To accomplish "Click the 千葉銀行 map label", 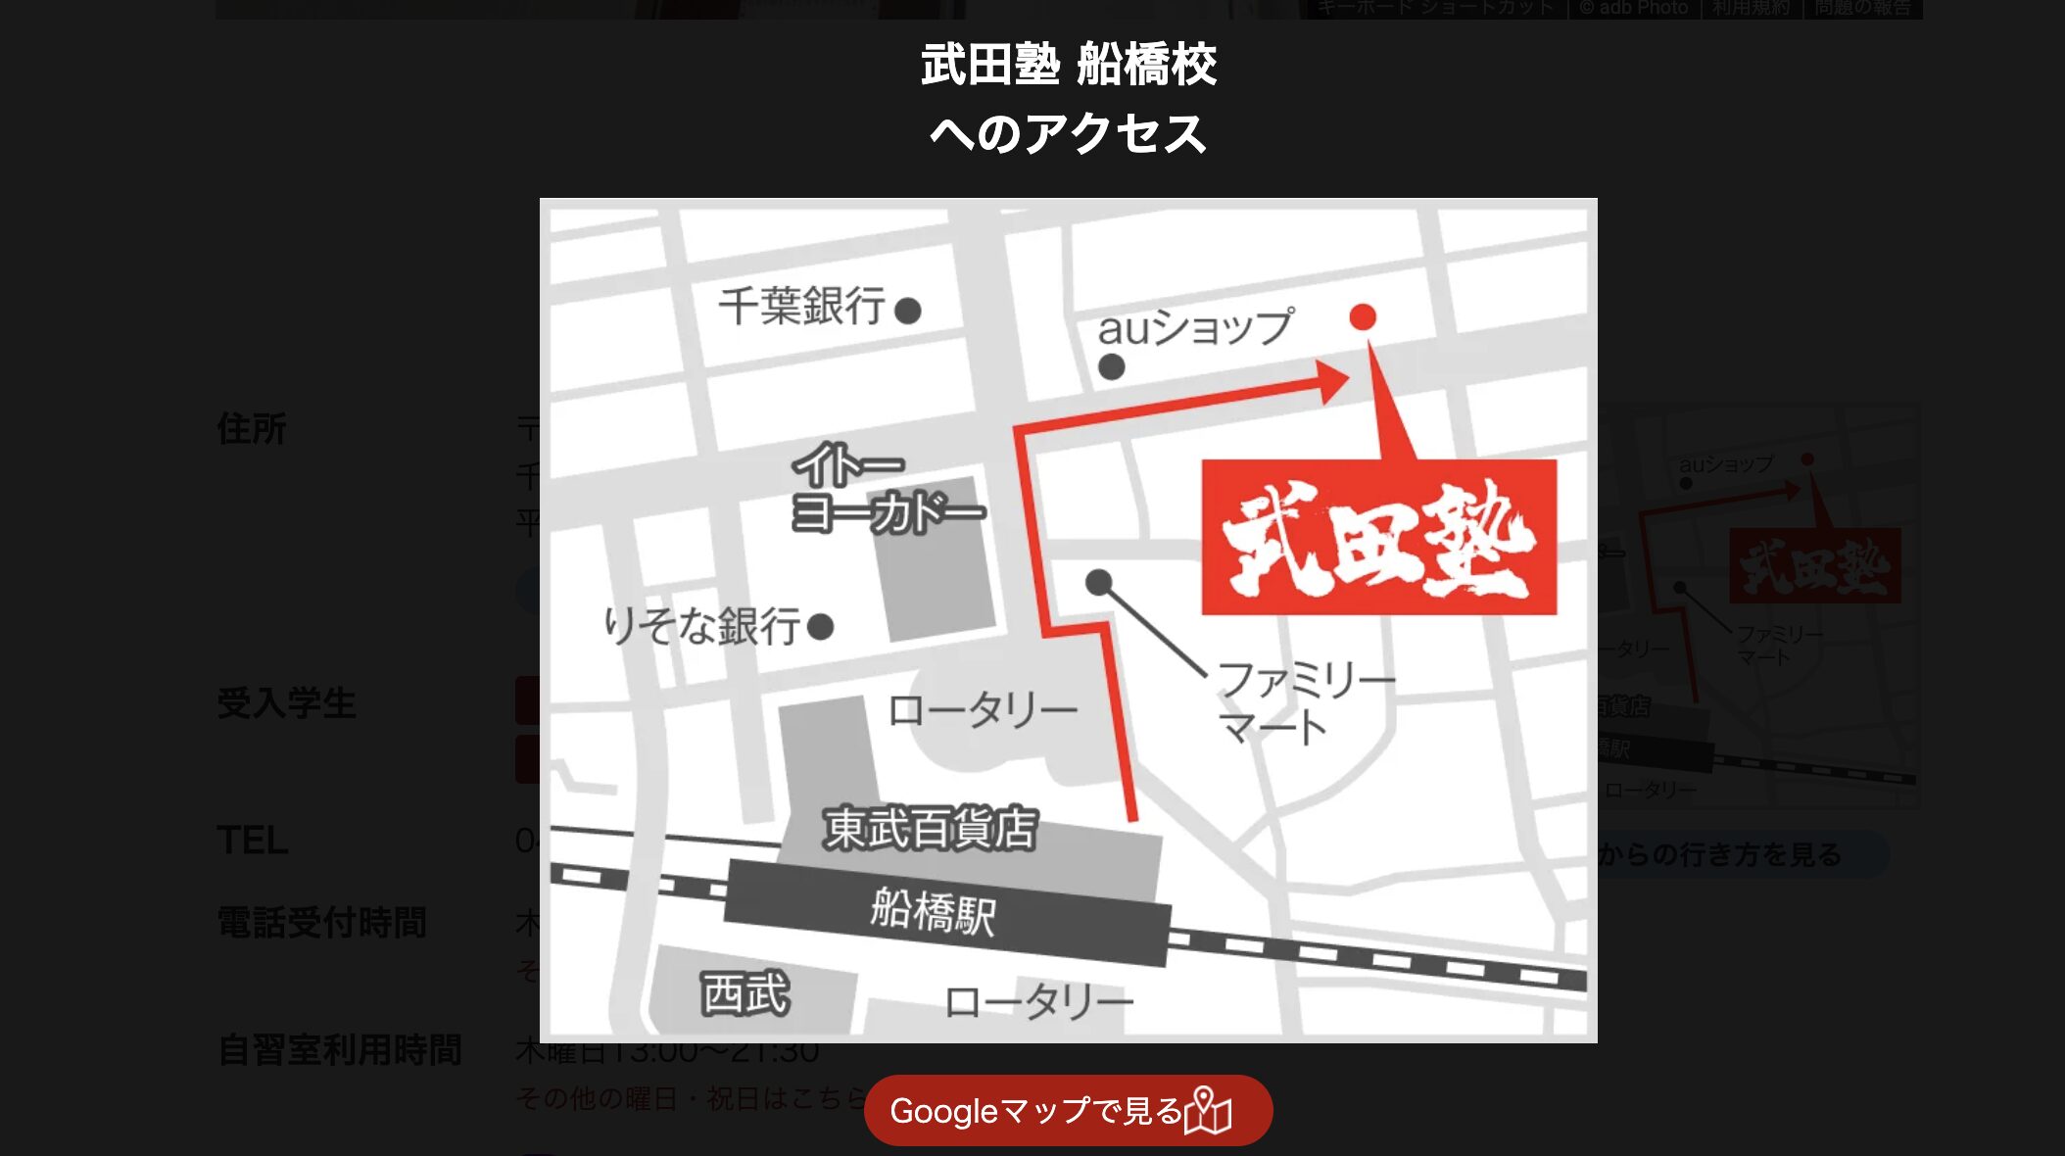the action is (801, 307).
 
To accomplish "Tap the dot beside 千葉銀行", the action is (908, 311).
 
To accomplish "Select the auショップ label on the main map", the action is (1195, 327).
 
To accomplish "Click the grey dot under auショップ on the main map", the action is (1111, 367).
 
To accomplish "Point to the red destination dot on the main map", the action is (1363, 316).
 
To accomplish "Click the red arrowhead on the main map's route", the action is (1333, 382).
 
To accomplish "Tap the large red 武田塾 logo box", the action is (1378, 538).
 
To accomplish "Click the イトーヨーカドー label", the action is (887, 489).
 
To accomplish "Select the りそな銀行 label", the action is (701, 626).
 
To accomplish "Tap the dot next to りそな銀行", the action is (821, 626).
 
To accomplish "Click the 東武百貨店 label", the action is (929, 829).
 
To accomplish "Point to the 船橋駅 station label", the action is (933, 911).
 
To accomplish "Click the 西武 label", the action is (745, 993).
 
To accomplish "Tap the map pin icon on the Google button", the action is (1207, 1111).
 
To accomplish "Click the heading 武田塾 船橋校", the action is (1068, 66).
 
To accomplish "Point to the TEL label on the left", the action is (253, 841).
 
